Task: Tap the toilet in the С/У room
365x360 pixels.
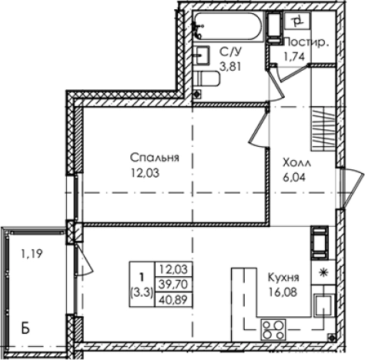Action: click(x=206, y=77)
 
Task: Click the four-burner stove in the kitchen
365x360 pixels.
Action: click(x=272, y=330)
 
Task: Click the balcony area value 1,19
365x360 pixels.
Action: click(x=31, y=251)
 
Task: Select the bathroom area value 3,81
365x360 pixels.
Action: click(x=230, y=65)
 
